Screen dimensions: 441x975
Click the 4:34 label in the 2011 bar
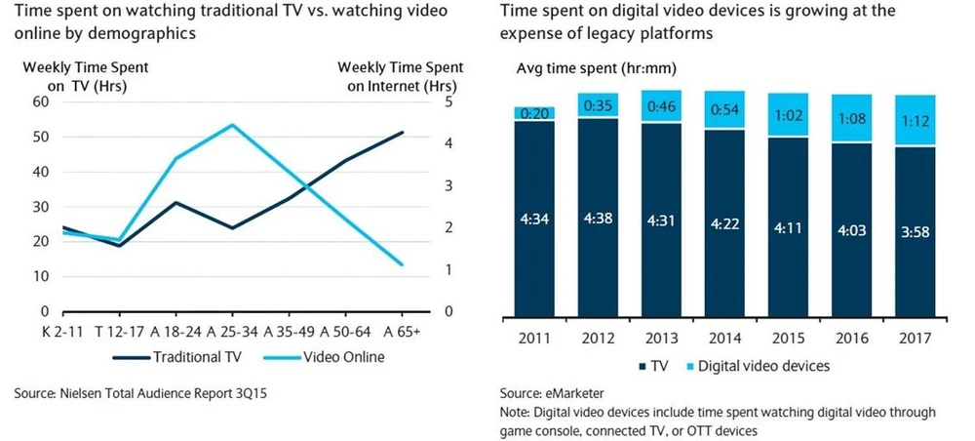534,220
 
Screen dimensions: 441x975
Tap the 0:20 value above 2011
534,113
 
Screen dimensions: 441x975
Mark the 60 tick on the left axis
40,101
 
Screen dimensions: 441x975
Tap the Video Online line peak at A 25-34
232,125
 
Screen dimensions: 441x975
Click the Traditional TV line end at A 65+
402,132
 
